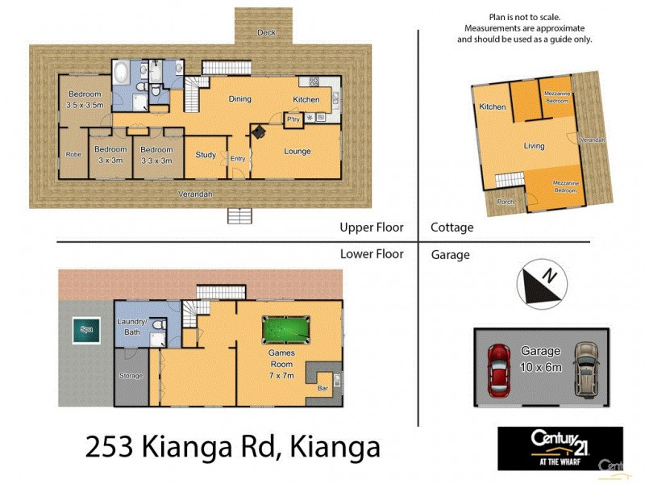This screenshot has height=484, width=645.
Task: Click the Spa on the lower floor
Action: click(85, 328)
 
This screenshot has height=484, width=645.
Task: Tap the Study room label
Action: click(206, 155)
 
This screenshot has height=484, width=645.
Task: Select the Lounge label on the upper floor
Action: click(297, 151)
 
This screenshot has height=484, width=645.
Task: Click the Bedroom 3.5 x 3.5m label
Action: click(84, 100)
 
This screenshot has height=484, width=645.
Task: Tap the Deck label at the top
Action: click(265, 33)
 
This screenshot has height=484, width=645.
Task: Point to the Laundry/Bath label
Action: click(131, 327)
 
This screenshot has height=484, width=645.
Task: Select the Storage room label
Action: click(131, 375)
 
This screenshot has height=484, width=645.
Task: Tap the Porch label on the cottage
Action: click(506, 202)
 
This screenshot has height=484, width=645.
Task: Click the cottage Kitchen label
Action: click(492, 107)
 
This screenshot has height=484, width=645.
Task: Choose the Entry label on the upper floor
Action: click(238, 159)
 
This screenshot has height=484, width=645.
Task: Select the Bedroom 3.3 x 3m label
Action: click(156, 155)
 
